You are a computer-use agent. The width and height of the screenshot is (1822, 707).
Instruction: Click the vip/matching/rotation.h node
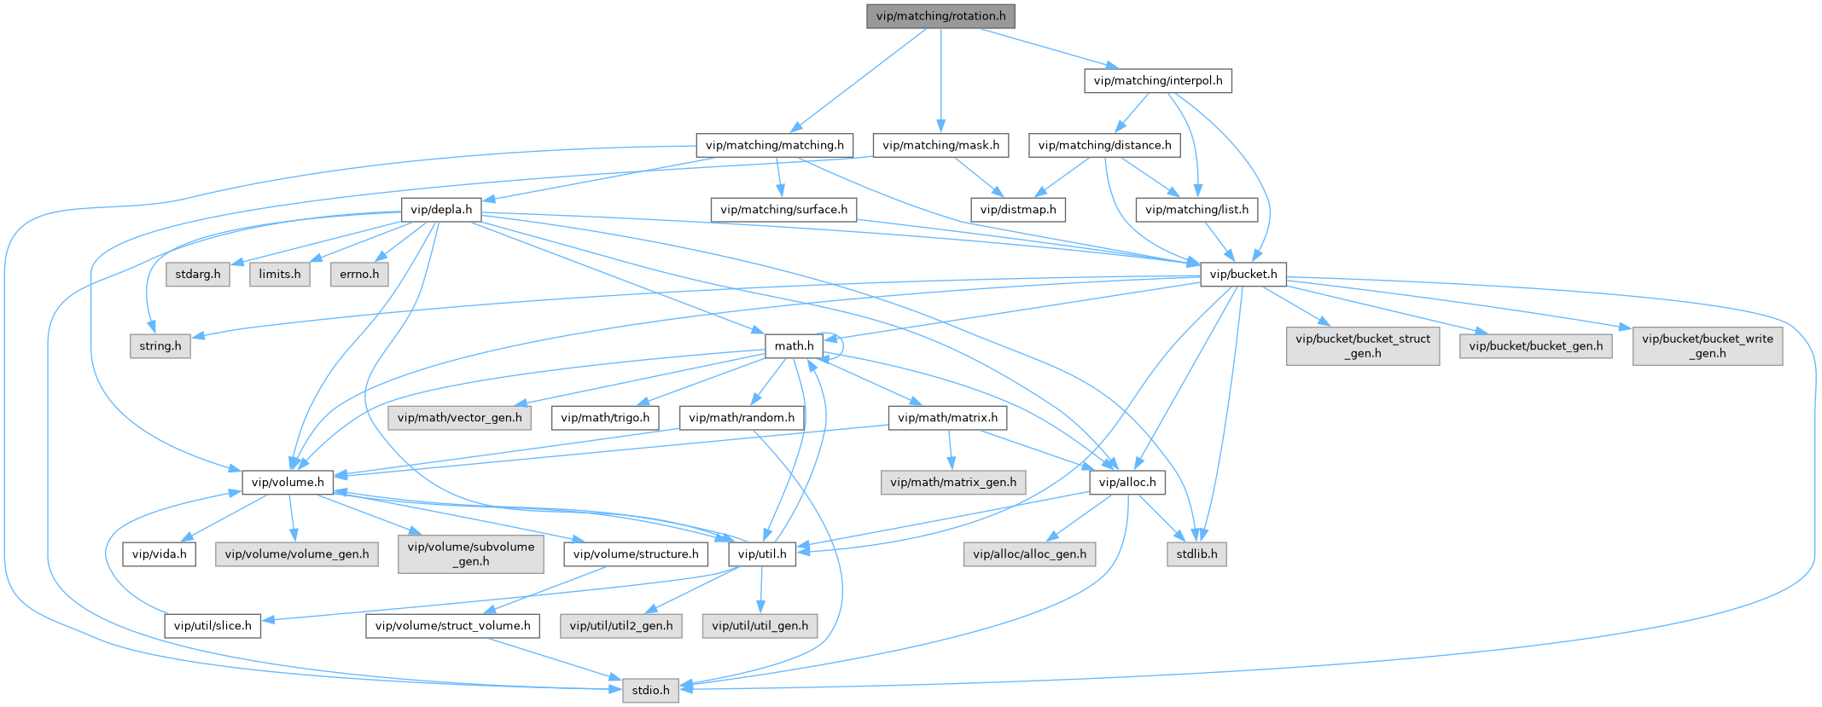coord(940,16)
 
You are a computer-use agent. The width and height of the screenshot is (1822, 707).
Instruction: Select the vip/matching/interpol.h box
coord(1157,81)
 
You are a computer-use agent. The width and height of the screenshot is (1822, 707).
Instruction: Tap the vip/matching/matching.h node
coord(774,146)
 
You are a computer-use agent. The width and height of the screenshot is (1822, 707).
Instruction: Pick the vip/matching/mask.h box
coord(940,146)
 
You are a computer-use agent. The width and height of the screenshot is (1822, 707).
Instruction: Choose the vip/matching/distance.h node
coord(1104,146)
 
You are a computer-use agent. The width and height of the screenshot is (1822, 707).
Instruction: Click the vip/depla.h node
coord(440,210)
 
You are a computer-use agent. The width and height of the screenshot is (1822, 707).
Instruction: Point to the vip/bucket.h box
coord(1243,275)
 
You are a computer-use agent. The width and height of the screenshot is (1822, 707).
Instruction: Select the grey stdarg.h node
coord(197,275)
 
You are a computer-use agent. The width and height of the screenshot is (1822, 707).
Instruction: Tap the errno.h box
coord(359,275)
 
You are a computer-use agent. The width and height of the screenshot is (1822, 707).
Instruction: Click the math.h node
coord(794,346)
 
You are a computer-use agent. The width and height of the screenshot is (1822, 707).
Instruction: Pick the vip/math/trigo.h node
coord(605,418)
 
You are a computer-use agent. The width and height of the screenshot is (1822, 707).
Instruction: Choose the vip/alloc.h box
coord(1127,483)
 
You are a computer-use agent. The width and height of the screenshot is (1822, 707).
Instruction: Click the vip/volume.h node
coord(288,483)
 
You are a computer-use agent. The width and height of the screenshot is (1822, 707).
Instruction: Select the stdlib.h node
coord(1196,554)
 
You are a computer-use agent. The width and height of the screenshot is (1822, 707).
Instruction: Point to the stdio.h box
coord(650,690)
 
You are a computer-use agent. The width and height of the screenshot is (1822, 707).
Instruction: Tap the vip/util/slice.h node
coord(212,626)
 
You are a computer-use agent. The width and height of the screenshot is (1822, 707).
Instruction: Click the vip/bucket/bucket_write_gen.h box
coord(1707,346)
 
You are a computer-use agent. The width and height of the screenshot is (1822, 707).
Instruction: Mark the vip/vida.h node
coord(159,554)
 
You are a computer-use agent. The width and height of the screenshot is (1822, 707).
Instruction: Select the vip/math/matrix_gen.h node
coord(953,483)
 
